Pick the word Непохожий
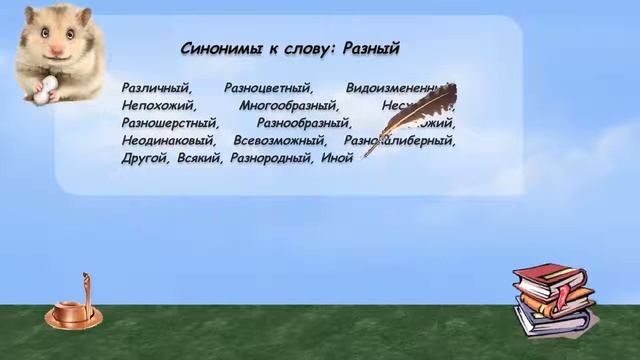click(159, 105)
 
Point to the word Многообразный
click(290, 105)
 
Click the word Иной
click(337, 158)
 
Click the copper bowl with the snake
click(73, 314)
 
